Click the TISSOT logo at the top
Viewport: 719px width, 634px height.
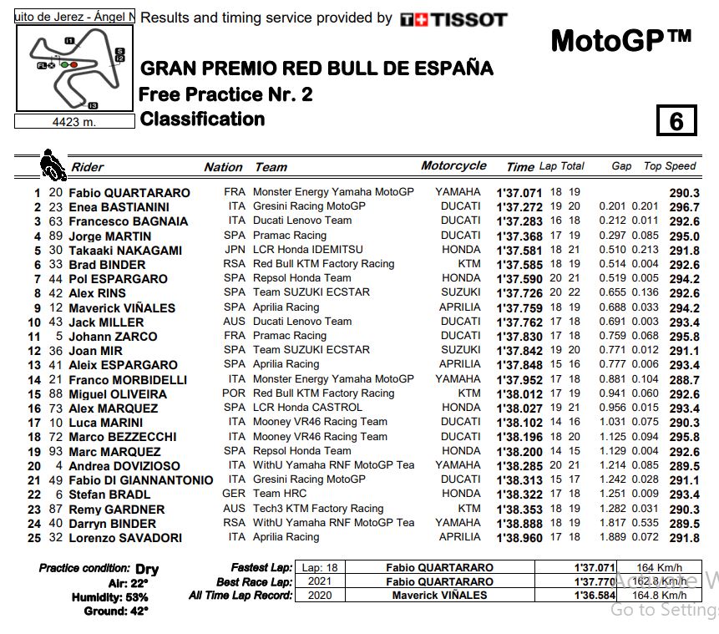point(453,19)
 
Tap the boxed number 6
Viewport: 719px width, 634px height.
point(676,122)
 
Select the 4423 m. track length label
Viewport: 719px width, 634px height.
point(75,122)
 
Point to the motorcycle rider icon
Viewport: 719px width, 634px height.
point(53,165)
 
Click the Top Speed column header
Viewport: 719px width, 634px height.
point(670,166)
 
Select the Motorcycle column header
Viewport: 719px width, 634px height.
point(453,166)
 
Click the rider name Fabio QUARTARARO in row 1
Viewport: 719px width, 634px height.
point(129,193)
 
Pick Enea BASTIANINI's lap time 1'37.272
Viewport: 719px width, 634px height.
point(519,207)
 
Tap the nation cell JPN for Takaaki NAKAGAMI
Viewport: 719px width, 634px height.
point(235,250)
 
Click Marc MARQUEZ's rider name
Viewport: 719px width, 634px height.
point(114,451)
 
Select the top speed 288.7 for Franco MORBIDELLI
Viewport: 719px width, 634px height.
point(684,379)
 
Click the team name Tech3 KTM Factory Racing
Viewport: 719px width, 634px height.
point(318,509)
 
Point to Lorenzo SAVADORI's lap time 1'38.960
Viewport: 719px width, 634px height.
point(519,538)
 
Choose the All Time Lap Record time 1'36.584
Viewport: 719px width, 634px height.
point(594,596)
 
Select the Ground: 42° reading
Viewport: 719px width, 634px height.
point(116,611)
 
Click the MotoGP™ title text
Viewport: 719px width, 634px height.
point(621,39)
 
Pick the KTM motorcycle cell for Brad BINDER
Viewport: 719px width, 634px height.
point(469,264)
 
